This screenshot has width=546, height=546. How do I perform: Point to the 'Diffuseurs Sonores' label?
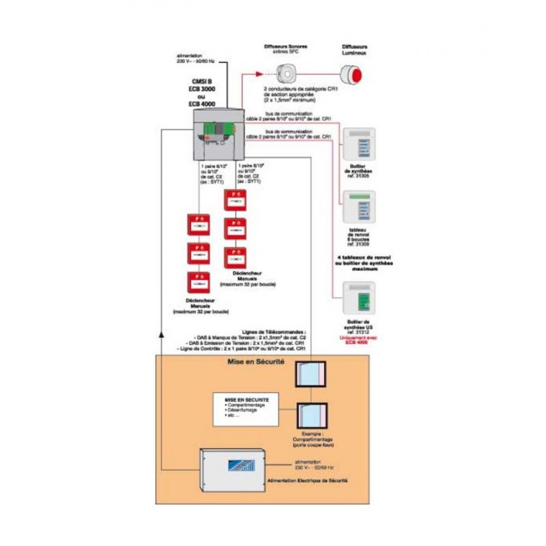285,46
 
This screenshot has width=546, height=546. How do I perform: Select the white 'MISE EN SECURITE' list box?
244,409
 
